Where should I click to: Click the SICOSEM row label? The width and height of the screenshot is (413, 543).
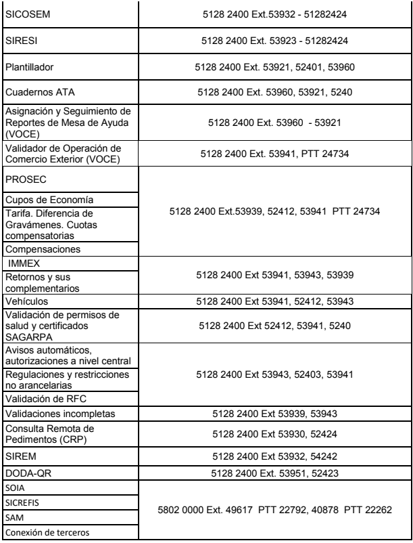(24, 14)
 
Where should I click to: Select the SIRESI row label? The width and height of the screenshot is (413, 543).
(20, 41)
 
